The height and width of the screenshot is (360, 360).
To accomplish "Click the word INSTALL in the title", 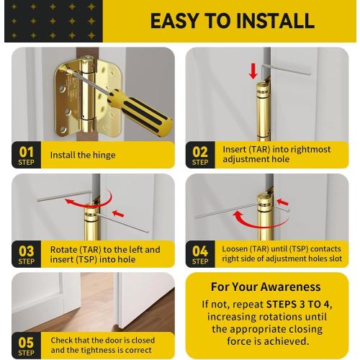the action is point(275,21).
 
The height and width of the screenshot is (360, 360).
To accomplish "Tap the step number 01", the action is point(26,152).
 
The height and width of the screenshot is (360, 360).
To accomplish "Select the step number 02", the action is point(200,152).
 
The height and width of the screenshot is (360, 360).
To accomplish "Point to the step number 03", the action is point(26,251).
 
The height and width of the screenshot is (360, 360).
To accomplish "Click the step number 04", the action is point(200,251).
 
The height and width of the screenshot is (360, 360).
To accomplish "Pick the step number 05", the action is point(26,343).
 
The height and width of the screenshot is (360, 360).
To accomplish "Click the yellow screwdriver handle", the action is point(139,112).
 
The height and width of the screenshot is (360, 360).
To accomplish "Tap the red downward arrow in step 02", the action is point(253,71).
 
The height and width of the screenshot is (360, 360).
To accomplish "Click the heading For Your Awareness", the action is point(266,287).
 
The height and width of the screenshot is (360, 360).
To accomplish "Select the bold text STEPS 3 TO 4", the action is point(298,305).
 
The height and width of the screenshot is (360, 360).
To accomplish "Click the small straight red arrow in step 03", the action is point(118,213).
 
